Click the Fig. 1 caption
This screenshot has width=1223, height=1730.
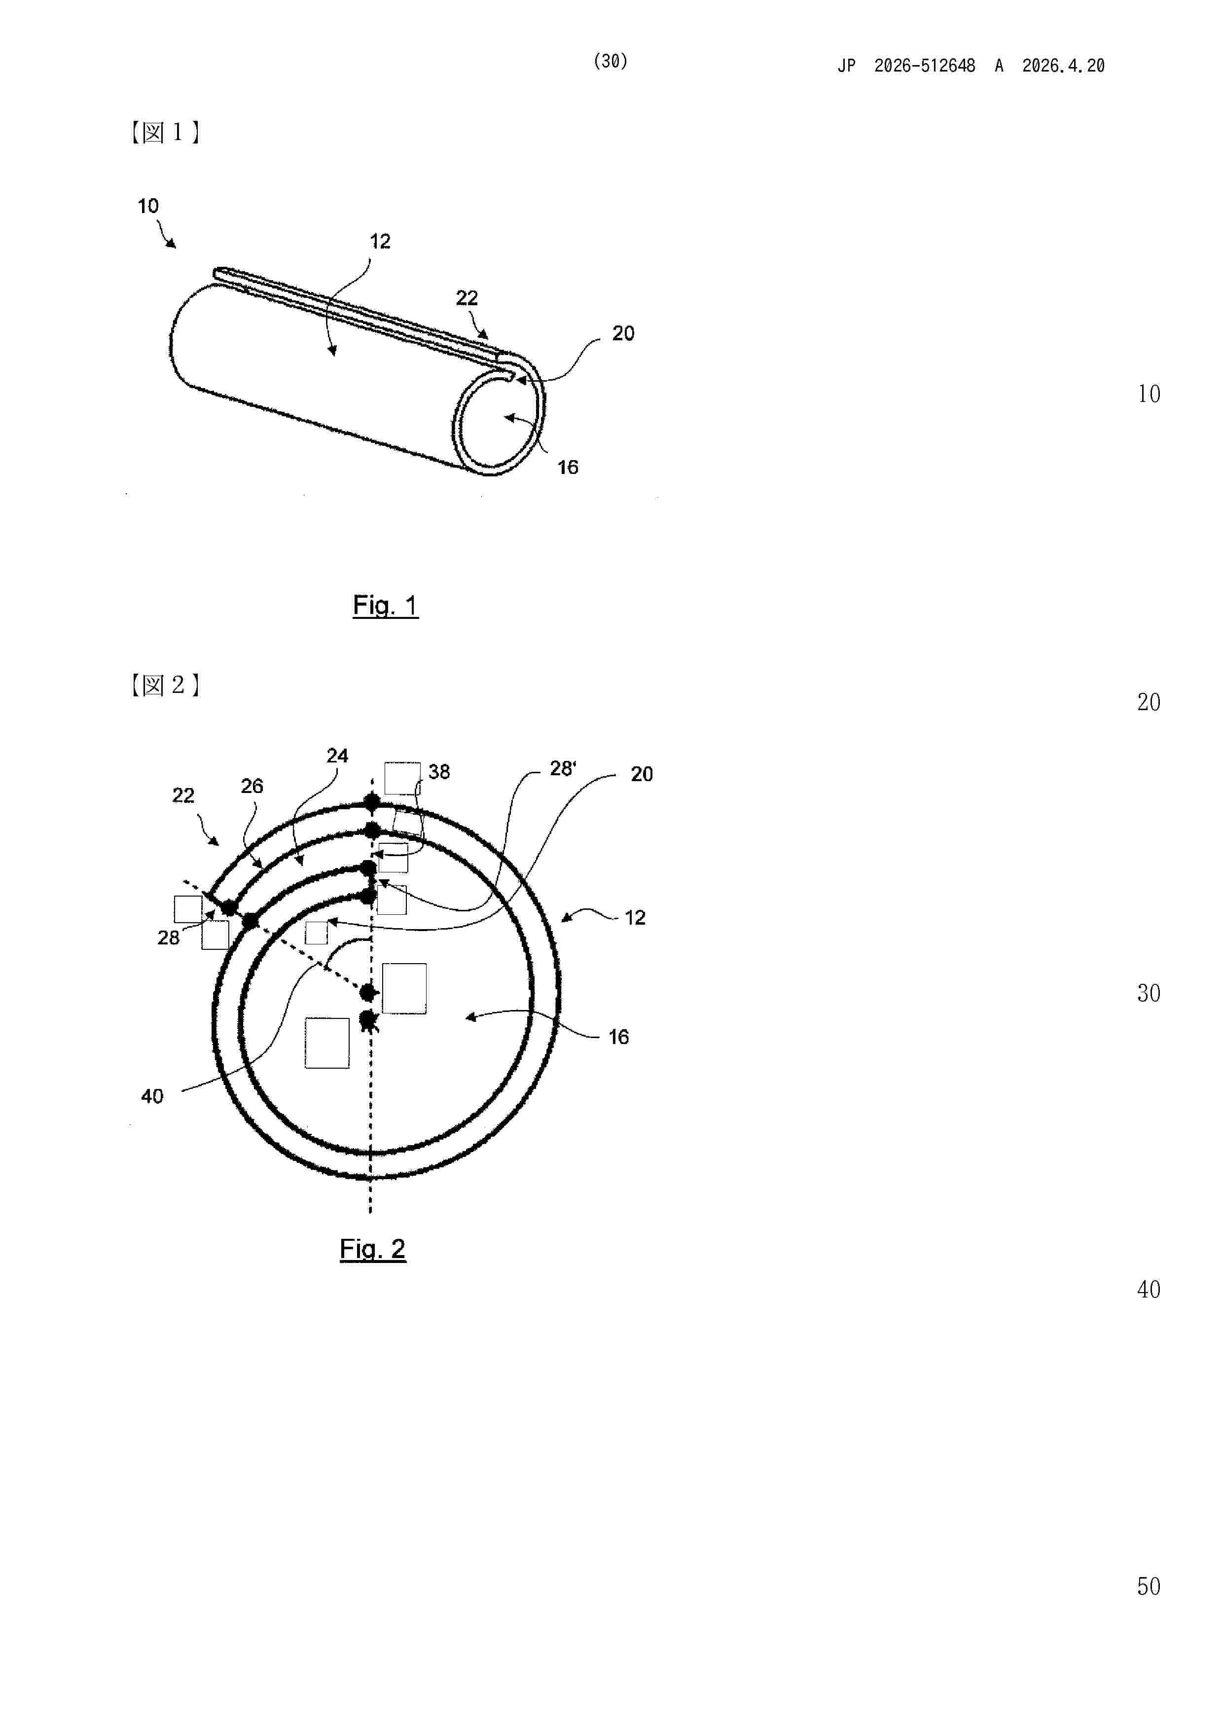(x=385, y=605)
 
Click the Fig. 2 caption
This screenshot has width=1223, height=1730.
(x=372, y=1249)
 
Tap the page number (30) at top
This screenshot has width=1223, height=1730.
(x=611, y=61)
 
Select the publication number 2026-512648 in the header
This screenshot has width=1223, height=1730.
(x=925, y=66)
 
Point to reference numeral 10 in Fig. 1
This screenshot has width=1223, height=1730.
(x=147, y=206)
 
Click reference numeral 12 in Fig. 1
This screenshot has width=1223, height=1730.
(x=380, y=241)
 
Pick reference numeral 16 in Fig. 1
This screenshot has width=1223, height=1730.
(x=568, y=467)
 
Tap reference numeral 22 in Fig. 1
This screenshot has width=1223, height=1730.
(x=467, y=298)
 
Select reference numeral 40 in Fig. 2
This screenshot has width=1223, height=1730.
(x=152, y=1096)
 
